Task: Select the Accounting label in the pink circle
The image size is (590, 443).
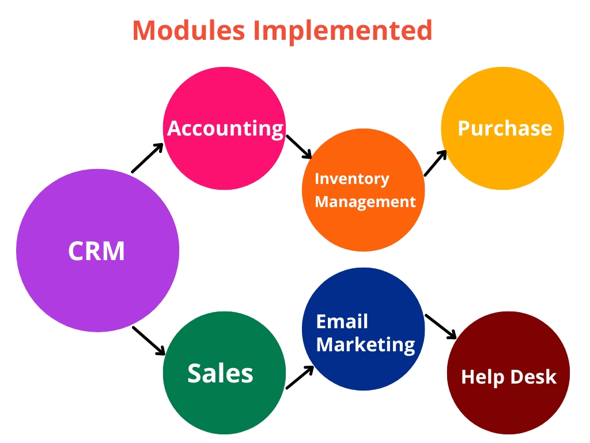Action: [225, 128]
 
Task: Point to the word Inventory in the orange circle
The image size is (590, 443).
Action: [351, 179]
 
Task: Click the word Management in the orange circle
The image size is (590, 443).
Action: [365, 202]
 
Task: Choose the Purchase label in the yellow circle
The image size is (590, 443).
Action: [505, 128]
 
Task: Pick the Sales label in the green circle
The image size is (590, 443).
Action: [220, 374]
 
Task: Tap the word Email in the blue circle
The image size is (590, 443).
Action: [342, 321]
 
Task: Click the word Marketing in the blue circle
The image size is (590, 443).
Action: [365, 344]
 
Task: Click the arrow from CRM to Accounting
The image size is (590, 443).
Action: [147, 158]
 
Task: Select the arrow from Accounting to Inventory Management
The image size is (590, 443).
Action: [299, 147]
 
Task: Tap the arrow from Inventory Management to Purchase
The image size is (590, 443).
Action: [436, 163]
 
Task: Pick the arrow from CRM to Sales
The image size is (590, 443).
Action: [149, 340]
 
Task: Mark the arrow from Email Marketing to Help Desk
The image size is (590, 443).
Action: [441, 326]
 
